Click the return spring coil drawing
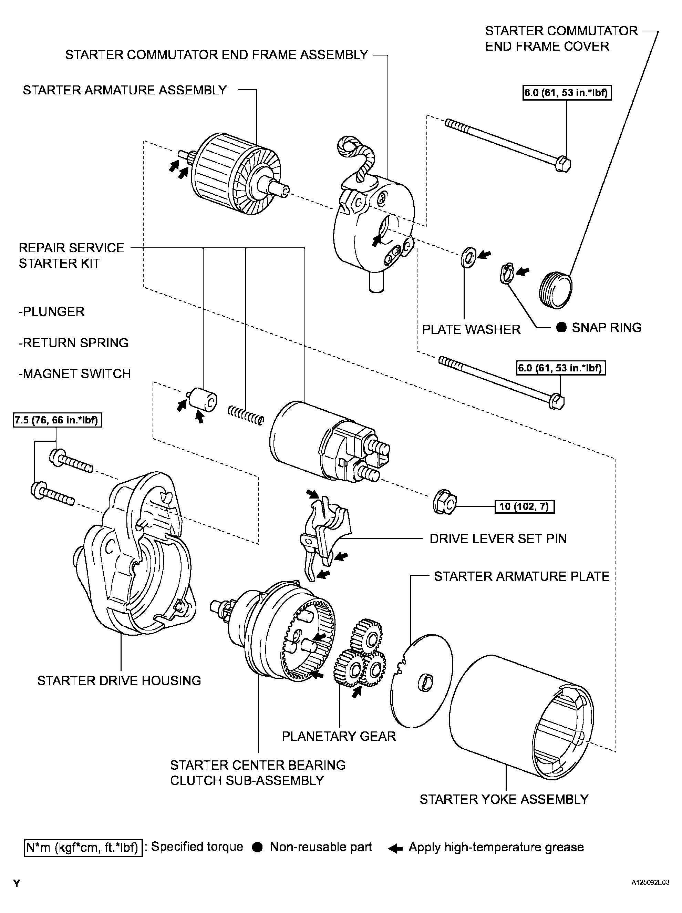pos(246,415)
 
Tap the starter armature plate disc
pos(421,681)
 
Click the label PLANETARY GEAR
pos(339,736)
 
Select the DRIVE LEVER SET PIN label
pos(498,538)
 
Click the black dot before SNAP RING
pos(561,328)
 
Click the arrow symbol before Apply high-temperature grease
pos(396,849)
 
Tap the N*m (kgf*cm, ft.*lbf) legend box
pos(83,848)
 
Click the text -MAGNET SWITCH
pos(75,373)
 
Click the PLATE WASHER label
pos(471,329)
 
